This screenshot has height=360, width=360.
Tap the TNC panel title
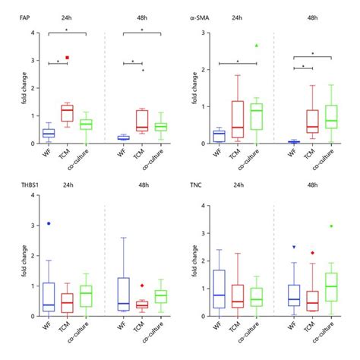[199, 185]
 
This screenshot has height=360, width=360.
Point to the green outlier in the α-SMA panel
[257, 46]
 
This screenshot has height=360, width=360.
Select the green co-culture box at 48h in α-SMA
[332, 116]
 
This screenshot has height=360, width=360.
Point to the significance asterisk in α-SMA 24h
[238, 61]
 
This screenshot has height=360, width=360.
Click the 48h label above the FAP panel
[140, 15]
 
